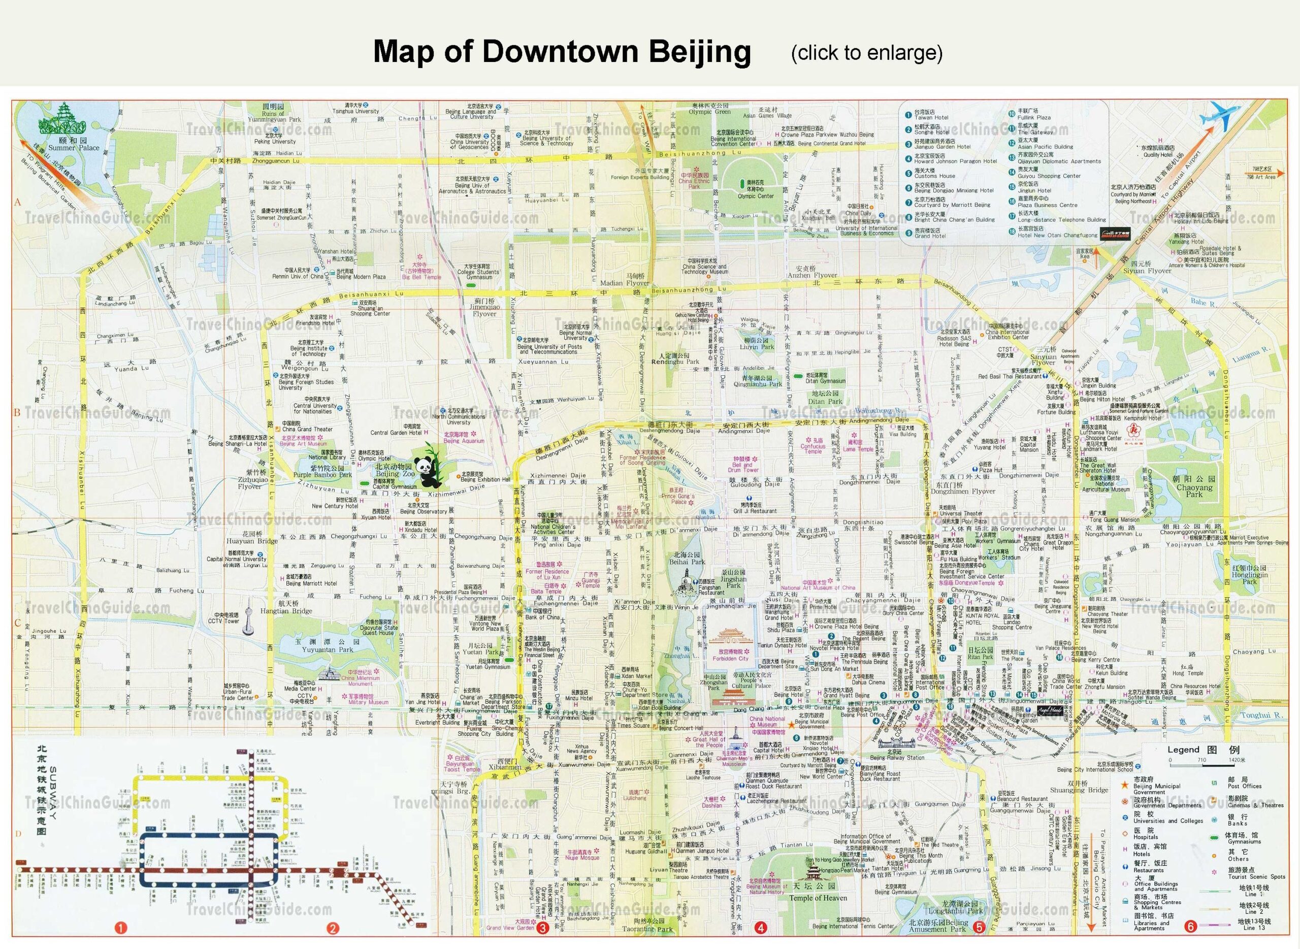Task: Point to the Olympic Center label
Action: pyautogui.click(x=756, y=196)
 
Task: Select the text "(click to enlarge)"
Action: pyautogui.click(x=866, y=53)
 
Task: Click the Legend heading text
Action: pyautogui.click(x=1183, y=749)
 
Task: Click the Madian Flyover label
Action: pyautogui.click(x=625, y=283)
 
